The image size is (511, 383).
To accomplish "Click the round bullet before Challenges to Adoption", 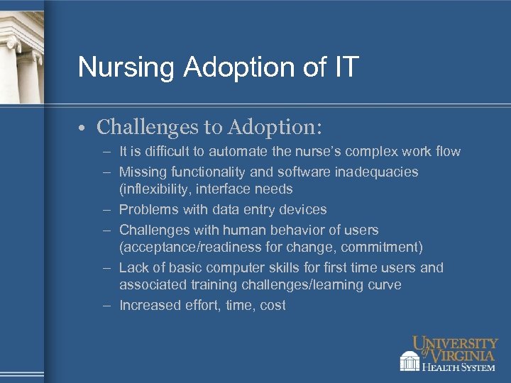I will pos(83,128).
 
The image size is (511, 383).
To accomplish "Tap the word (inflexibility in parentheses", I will pos(155,189).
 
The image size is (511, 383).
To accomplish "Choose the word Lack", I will pos(133,267).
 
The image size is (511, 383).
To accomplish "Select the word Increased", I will pos(150,305).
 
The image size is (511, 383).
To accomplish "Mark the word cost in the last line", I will pos(273,305).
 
